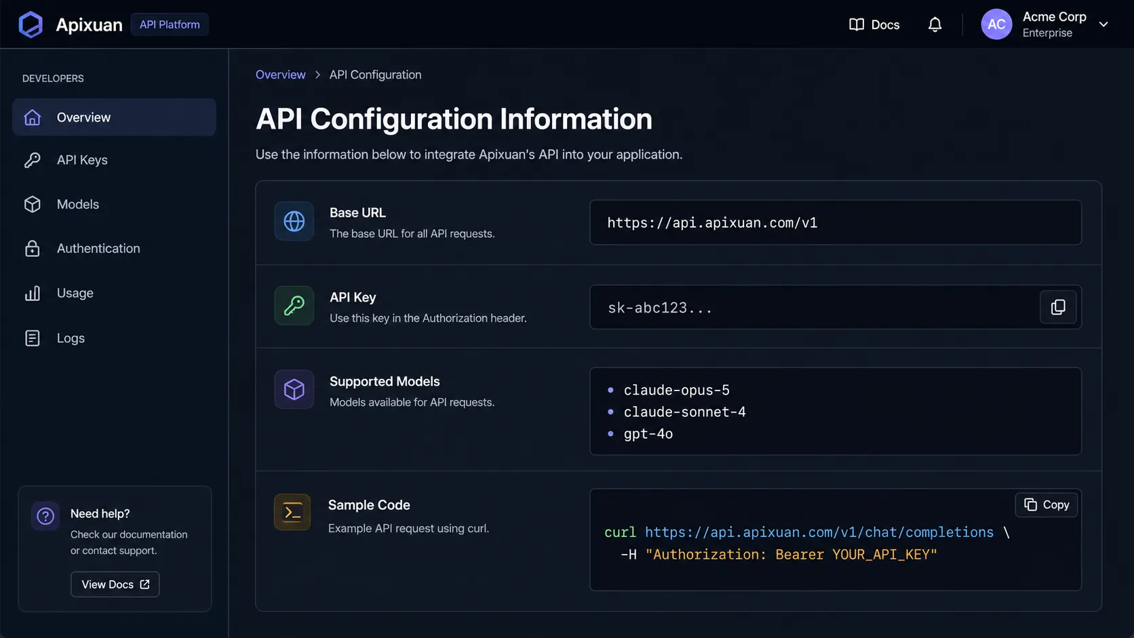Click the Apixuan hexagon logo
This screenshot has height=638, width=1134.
click(x=31, y=24)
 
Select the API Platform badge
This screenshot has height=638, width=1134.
click(x=170, y=24)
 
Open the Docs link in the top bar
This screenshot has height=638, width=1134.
click(x=874, y=24)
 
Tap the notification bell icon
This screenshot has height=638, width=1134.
click(x=935, y=24)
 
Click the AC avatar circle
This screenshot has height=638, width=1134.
click(x=996, y=24)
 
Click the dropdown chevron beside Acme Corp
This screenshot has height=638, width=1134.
click(x=1103, y=24)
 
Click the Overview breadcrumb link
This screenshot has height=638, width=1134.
click(x=281, y=75)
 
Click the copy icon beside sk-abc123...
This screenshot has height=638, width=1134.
click(x=1058, y=307)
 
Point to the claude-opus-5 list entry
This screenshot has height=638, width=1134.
click(x=676, y=390)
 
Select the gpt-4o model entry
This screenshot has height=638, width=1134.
click(x=648, y=434)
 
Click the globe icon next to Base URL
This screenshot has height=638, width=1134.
click(x=294, y=221)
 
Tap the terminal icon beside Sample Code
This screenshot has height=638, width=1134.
click(x=292, y=512)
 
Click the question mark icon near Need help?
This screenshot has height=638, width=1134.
click(x=45, y=515)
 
